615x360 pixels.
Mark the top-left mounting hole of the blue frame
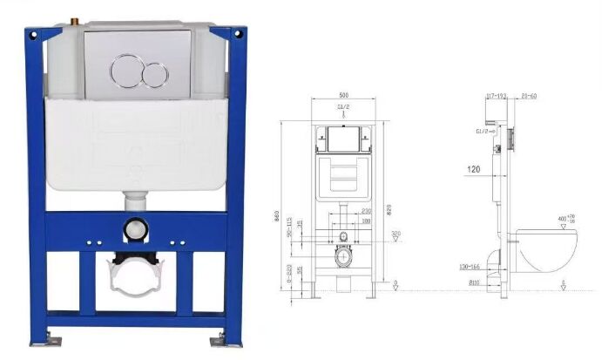coord(32,37)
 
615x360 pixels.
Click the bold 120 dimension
coord(472,170)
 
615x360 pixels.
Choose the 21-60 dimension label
coord(528,94)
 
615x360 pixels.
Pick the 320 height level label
coord(395,233)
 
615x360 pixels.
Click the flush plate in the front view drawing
coord(342,138)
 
